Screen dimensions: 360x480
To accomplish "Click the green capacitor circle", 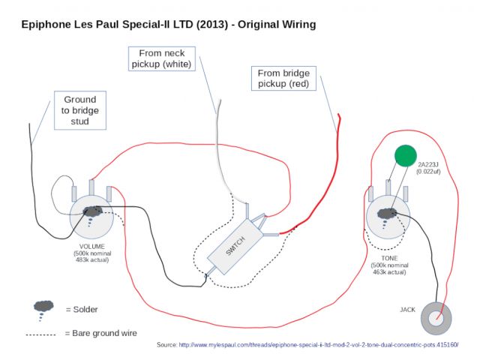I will tap(406, 154).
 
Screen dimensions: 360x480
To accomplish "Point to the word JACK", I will tap(407, 309).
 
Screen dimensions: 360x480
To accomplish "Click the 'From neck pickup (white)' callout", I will tap(162, 58).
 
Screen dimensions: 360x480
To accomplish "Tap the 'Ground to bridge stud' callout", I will tap(80, 110).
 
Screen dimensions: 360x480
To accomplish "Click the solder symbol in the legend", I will tap(44, 307).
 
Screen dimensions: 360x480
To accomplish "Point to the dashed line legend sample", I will tap(43, 333).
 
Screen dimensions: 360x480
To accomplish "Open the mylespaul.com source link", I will tap(317, 345).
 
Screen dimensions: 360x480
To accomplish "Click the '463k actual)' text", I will tap(388, 271).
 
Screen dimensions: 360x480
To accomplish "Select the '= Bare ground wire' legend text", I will tap(100, 332).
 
